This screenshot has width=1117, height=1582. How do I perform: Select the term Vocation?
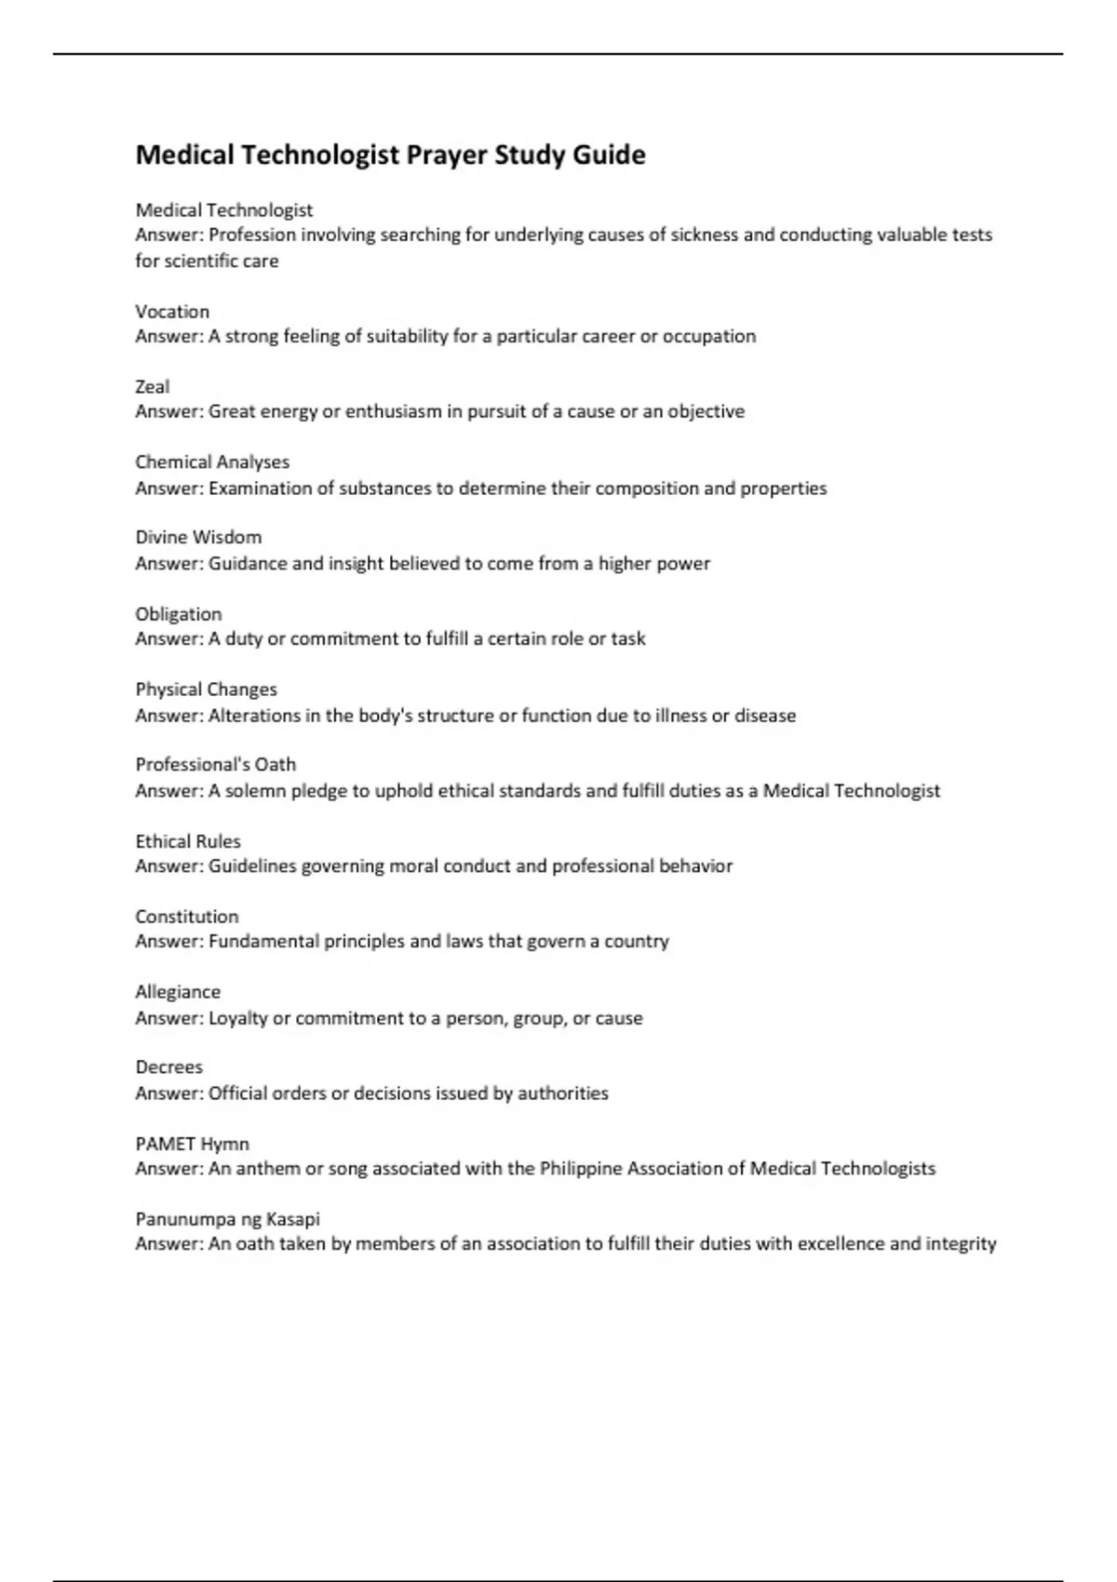pyautogui.click(x=172, y=312)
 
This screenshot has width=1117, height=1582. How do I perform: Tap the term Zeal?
pyautogui.click(x=153, y=387)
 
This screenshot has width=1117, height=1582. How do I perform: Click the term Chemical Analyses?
pyautogui.click(x=212, y=463)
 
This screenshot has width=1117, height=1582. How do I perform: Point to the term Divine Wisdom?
pyautogui.click(x=198, y=538)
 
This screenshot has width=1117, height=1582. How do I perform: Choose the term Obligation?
pyautogui.click(x=179, y=614)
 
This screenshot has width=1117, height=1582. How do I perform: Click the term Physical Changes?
pyautogui.click(x=206, y=690)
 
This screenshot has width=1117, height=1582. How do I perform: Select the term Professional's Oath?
pyautogui.click(x=215, y=765)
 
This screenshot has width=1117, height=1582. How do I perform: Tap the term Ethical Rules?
pyautogui.click(x=188, y=841)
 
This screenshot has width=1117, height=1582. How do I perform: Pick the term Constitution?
pyautogui.click(x=186, y=917)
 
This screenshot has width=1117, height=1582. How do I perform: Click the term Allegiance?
pyautogui.click(x=178, y=992)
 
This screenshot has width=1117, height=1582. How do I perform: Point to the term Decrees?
pyautogui.click(x=168, y=1067)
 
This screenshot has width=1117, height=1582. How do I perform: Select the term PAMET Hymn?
pyautogui.click(x=192, y=1144)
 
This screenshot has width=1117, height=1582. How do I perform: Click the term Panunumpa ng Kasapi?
pyautogui.click(x=227, y=1219)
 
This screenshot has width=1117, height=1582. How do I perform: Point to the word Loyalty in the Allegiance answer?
pyautogui.click(x=237, y=1018)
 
